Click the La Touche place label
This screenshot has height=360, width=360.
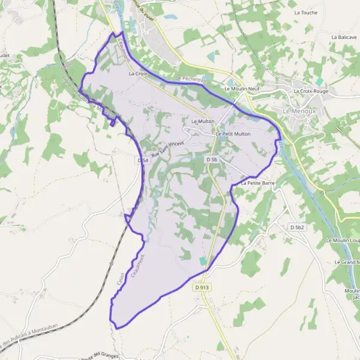point(305,12)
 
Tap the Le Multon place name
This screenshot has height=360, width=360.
point(202,121)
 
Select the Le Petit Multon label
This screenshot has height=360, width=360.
point(233,134)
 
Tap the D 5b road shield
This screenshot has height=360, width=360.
point(211,160)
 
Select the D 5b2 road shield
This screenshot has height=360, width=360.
point(297,227)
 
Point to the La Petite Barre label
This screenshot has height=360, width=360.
point(257,182)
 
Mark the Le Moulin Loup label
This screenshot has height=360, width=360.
point(342,240)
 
